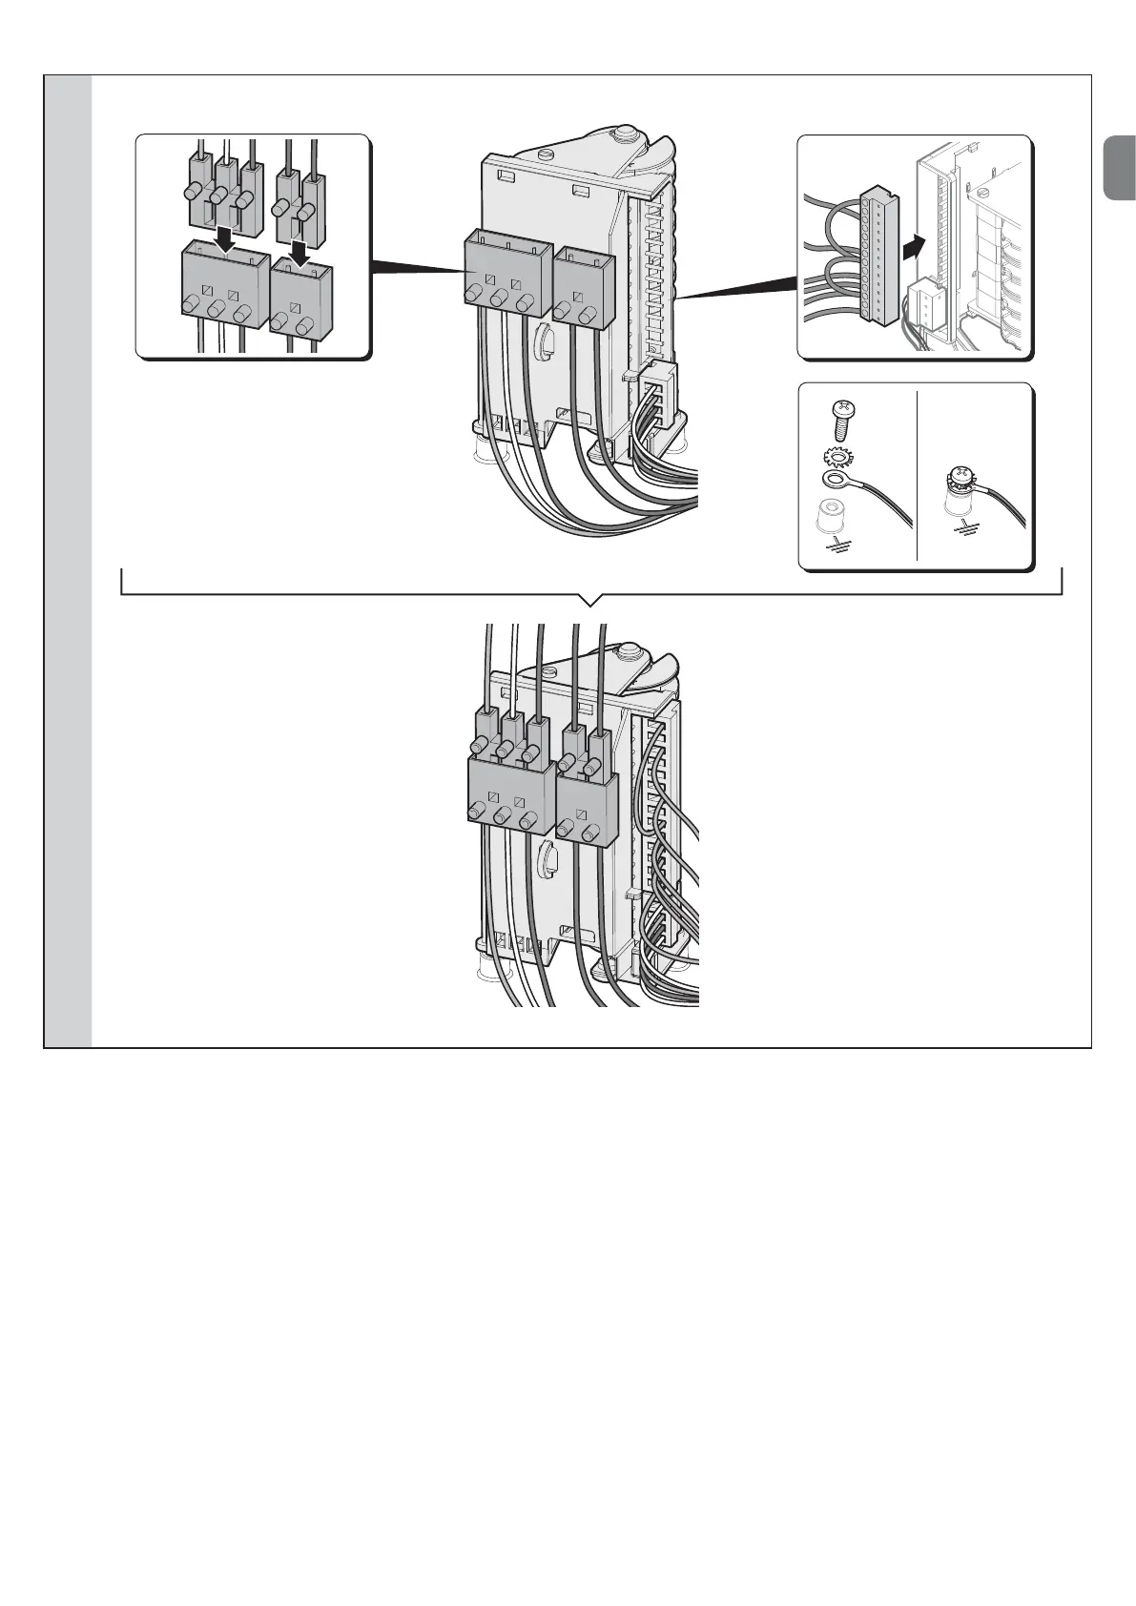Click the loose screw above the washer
[x=844, y=416]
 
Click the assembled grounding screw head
[x=961, y=477]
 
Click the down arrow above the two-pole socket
[x=299, y=252]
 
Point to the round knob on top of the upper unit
[x=626, y=134]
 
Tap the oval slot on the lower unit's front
[x=547, y=856]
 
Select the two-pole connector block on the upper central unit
[x=579, y=282]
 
